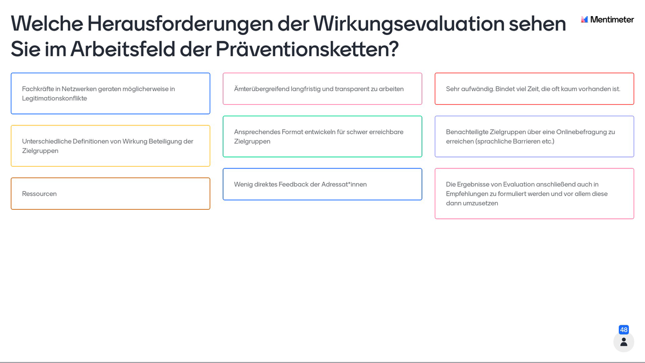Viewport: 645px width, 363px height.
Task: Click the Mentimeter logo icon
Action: [584, 19]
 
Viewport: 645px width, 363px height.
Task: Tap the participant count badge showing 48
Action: [623, 330]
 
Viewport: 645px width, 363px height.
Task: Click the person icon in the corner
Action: [623, 342]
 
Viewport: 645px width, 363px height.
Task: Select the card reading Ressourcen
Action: [111, 194]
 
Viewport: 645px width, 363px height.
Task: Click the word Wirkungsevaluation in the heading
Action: [408, 24]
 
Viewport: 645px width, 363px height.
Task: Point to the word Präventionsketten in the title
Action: [307, 49]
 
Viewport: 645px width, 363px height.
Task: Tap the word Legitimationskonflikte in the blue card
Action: [54, 98]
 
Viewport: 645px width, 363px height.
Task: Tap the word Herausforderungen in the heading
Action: [180, 24]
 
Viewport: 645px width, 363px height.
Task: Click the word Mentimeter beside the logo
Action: [612, 19]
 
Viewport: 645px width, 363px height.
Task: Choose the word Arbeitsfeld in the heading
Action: [123, 49]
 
